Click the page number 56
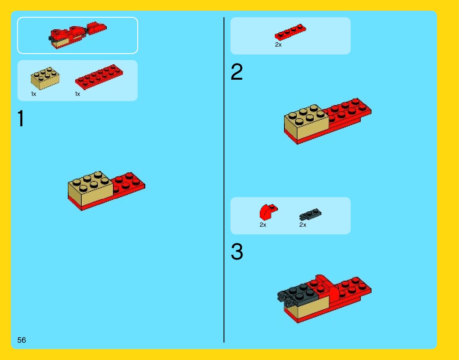[22, 340]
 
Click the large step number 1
[21, 119]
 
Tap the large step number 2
[237, 72]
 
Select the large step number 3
[237, 251]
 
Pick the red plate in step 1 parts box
[99, 77]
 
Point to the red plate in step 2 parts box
[290, 32]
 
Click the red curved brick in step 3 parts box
[268, 212]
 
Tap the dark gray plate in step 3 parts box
[310, 214]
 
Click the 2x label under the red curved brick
[263, 225]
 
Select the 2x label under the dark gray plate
[303, 225]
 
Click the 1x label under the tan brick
[34, 94]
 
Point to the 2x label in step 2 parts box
[278, 45]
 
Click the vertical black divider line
[224, 180]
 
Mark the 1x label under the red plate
[77, 94]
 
